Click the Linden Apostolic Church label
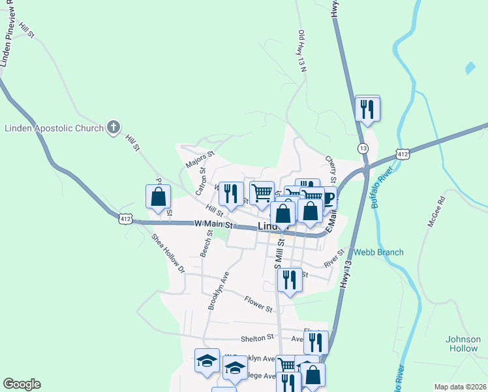(54, 128)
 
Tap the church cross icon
(114, 127)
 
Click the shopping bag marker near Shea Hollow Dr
(158, 197)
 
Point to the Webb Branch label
(378, 252)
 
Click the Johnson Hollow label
(463, 344)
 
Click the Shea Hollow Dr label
(168, 253)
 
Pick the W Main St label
(213, 223)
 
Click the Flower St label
(258, 303)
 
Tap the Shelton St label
(257, 338)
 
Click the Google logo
(22, 384)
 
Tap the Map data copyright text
(459, 387)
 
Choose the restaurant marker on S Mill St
(290, 280)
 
